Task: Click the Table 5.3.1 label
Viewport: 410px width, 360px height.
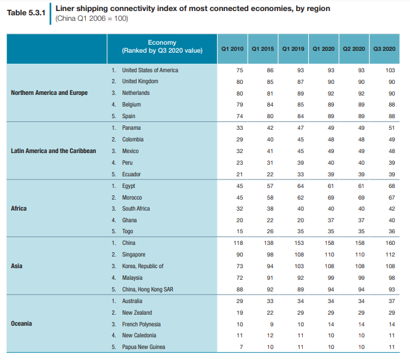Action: [26, 13]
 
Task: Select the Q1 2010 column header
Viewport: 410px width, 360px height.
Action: [232, 48]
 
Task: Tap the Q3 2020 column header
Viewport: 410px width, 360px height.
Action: [384, 48]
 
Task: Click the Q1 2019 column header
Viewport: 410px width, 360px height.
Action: [292, 48]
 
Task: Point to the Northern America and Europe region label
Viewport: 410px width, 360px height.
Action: [49, 93]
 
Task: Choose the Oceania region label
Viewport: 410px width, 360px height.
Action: [21, 324]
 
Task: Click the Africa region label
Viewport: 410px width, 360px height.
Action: [19, 209]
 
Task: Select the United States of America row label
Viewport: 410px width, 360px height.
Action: [150, 70]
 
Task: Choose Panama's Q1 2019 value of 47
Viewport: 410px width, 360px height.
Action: [300, 128]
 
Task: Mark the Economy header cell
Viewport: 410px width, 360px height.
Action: [162, 47]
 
